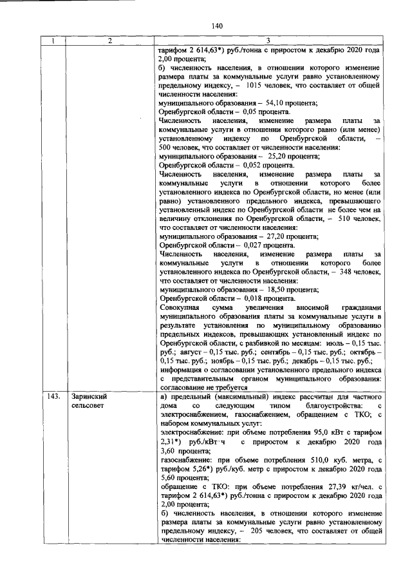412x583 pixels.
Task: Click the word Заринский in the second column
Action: (89, 397)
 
